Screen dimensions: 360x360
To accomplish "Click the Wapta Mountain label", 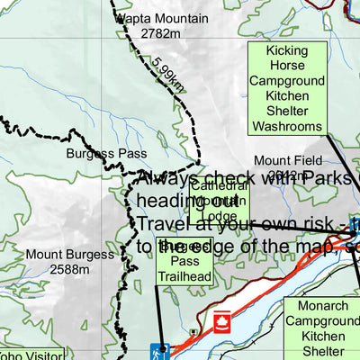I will (x=160, y=18).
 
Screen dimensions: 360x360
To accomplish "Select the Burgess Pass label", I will (x=106, y=154).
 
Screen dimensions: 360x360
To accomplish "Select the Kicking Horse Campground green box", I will (x=287, y=89).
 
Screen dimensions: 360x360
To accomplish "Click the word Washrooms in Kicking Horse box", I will (x=287, y=127).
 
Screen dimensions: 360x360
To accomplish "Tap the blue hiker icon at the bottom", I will (x=160, y=352).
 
